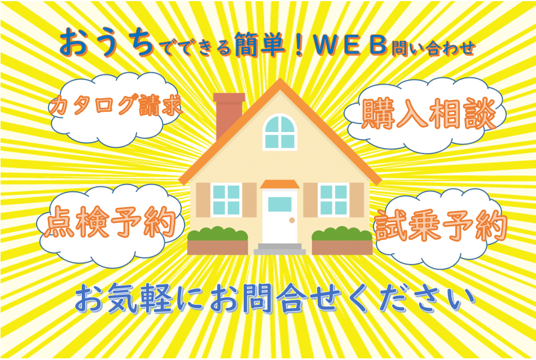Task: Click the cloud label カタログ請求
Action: [116, 105]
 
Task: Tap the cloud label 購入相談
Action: [428, 113]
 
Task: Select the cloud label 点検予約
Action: [110, 222]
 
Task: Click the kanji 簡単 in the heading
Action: [261, 45]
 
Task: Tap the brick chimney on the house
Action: [229, 115]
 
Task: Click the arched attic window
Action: [280, 132]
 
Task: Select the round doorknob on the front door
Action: [292, 220]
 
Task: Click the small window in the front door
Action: [280, 204]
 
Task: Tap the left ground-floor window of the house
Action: [226, 200]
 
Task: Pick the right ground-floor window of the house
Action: [333, 200]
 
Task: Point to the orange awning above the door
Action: [280, 184]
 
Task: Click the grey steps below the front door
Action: [280, 249]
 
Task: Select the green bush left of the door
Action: [217, 234]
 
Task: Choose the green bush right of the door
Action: [342, 234]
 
